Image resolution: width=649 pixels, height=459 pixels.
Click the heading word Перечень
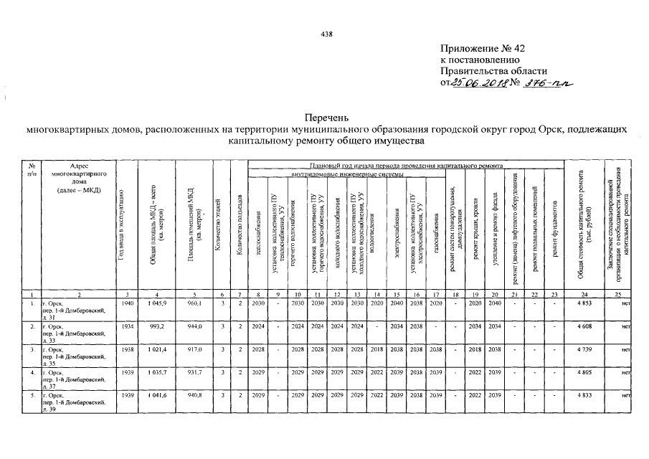pos(324,116)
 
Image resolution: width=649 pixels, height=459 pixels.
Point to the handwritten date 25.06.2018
pos(478,83)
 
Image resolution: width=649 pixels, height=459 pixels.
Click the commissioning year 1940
pos(128,304)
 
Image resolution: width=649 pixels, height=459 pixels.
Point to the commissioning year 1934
pos(128,327)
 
